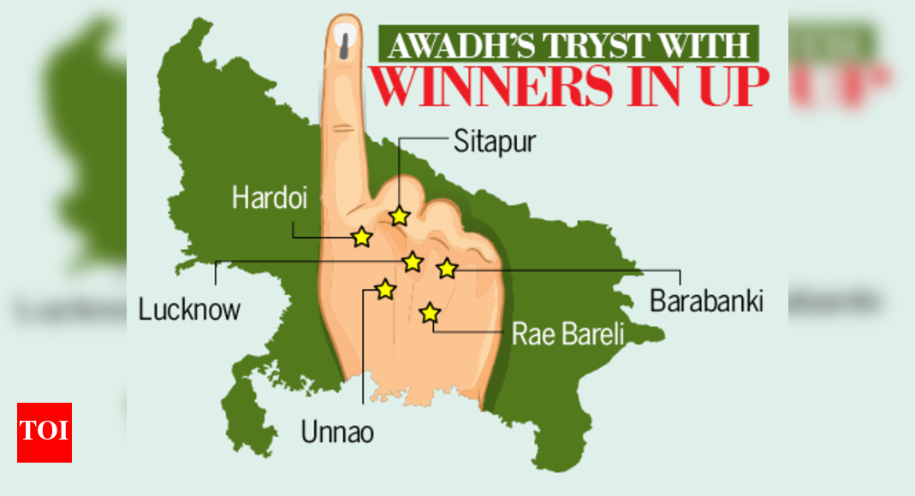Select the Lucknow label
coord(189,309)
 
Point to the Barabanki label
coord(706,301)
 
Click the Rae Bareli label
coord(568,334)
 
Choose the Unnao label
coord(337,432)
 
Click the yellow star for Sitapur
coord(399,216)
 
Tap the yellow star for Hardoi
coord(363,237)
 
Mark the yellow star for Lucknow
coord(413,262)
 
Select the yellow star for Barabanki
coord(446,269)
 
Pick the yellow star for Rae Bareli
coord(430,314)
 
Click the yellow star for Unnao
coord(385,290)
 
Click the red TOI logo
coord(45,432)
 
